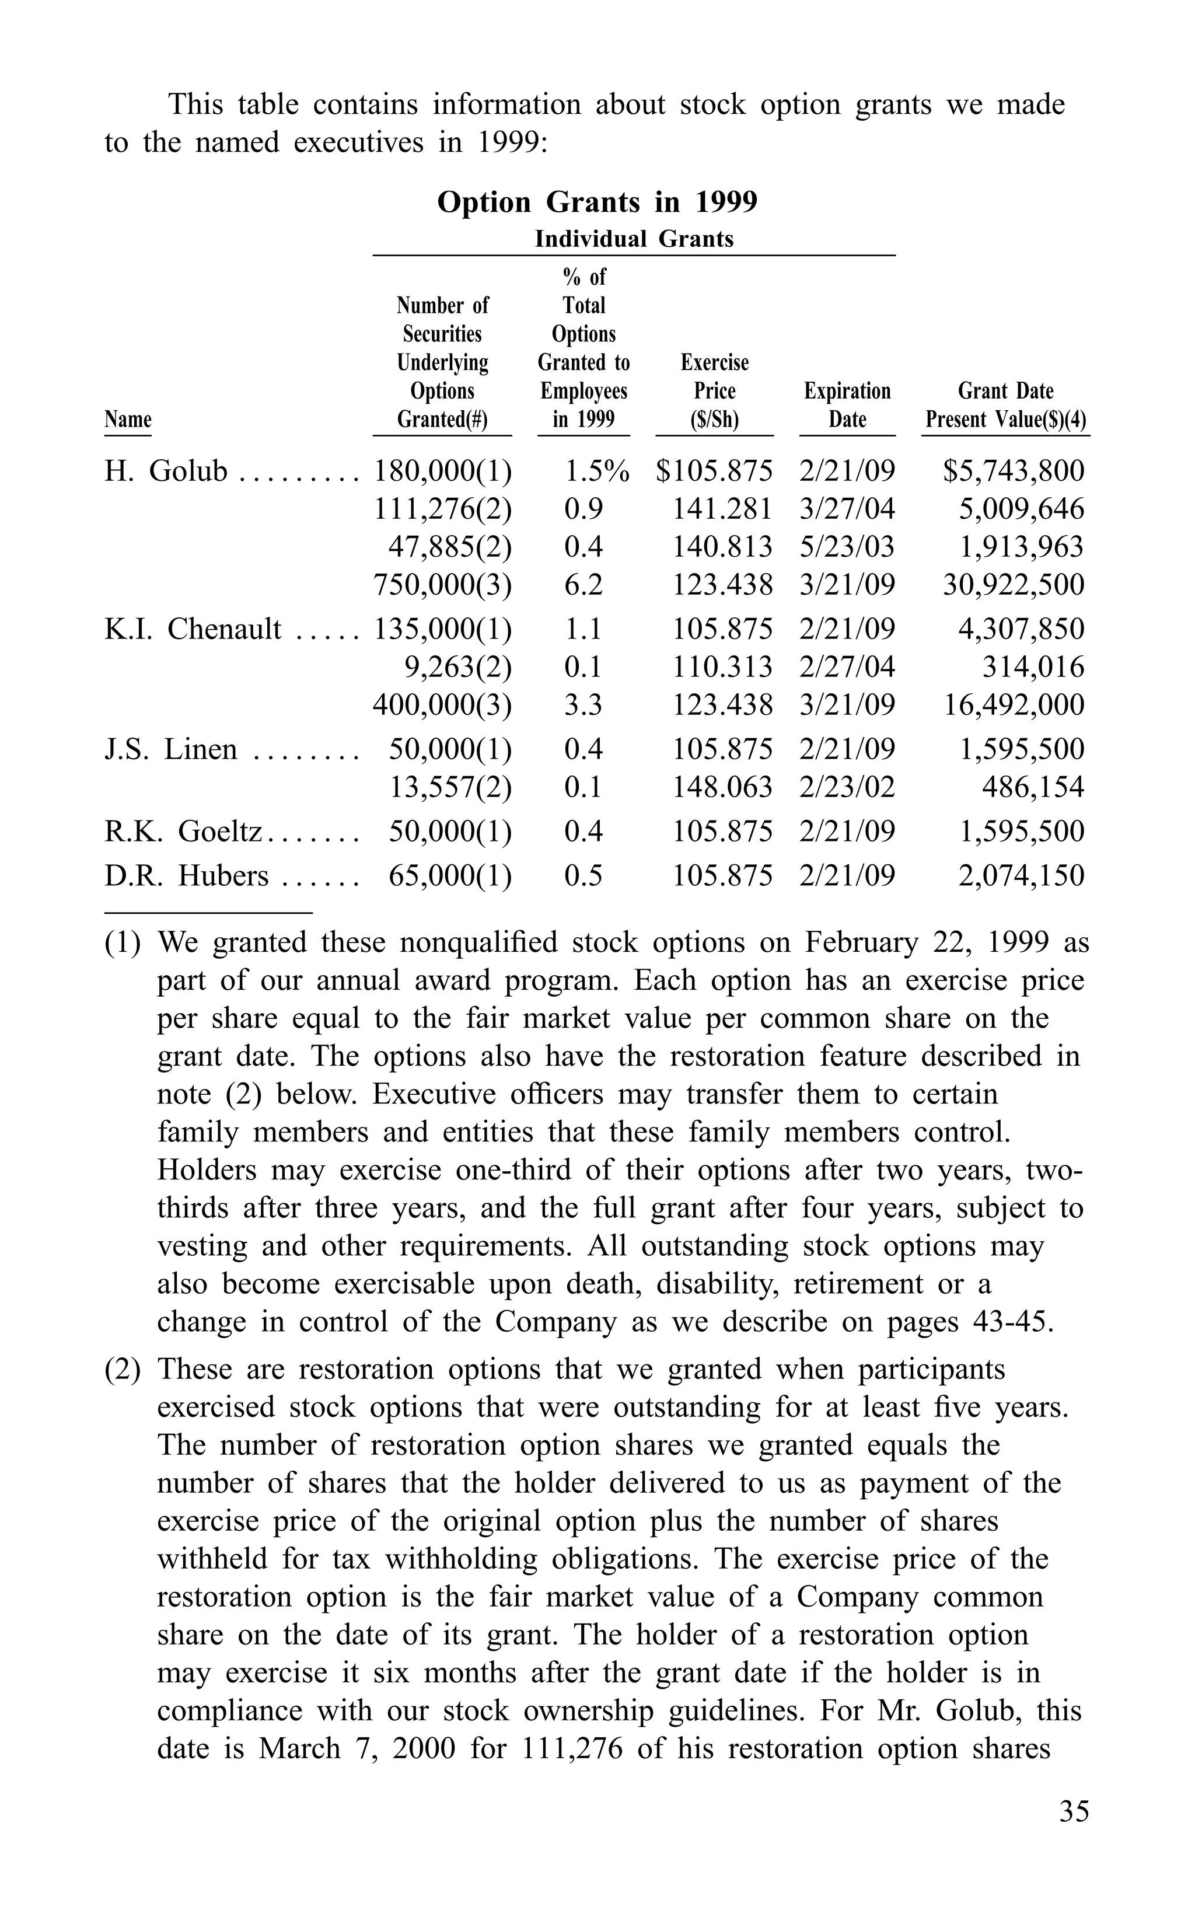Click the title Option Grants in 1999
(597, 202)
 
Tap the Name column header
(127, 419)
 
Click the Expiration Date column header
(847, 404)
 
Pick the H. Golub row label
(166, 471)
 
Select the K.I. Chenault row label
(193, 629)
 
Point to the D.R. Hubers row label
(187, 875)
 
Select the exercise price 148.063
(722, 787)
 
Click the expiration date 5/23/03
(847, 547)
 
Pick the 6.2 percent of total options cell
(583, 585)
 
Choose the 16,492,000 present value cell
(1014, 705)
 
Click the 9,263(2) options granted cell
(457, 667)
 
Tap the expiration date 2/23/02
(847, 787)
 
